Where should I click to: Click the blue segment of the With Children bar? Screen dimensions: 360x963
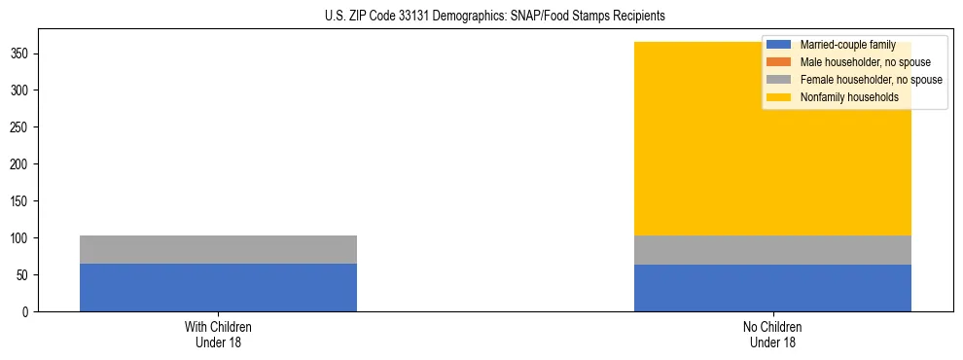point(218,287)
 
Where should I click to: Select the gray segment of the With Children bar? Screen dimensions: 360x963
point(218,249)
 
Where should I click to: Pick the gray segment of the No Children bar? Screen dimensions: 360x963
point(772,250)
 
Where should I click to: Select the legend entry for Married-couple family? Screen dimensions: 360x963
point(846,45)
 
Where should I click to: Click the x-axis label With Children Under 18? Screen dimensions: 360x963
point(218,334)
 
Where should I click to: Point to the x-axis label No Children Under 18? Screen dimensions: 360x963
point(772,334)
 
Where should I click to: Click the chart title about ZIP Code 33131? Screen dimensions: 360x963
point(494,16)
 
